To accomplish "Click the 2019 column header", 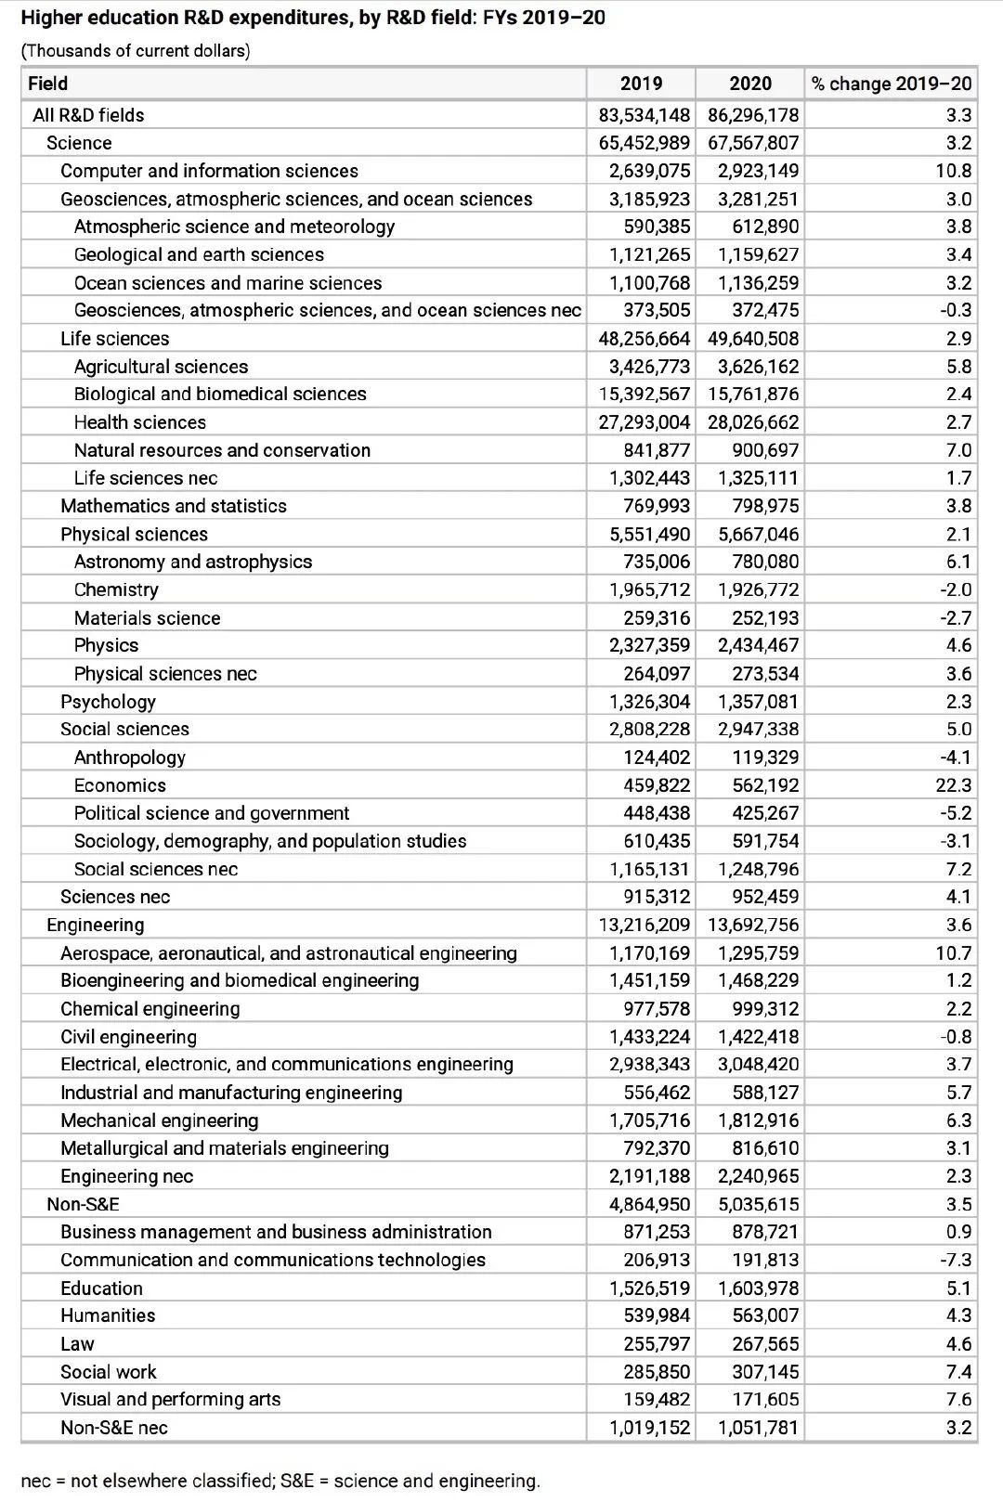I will tap(641, 84).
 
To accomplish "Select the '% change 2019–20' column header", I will tap(891, 84).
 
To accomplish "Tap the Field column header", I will tap(48, 84).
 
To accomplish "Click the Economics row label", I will tap(120, 785).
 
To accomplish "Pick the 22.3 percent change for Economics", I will tap(954, 785).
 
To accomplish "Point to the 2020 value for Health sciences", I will tap(753, 422).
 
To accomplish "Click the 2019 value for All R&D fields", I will tap(645, 115).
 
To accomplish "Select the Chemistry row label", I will tap(116, 589).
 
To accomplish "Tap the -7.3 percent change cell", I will tap(956, 1260).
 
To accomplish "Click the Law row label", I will tap(77, 1343).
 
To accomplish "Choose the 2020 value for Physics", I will tap(758, 645).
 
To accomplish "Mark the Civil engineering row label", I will tap(128, 1037).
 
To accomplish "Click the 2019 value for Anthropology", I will tap(657, 757).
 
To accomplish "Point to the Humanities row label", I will tap(108, 1315).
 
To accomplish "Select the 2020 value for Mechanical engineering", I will tap(758, 1120).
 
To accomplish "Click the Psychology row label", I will tap(108, 702).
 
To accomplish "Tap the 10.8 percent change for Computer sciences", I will tap(954, 171).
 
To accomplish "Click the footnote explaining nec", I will tap(280, 1481).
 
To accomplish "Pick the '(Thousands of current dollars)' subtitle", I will tap(136, 51).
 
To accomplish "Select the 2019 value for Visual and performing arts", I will tap(657, 1399).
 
